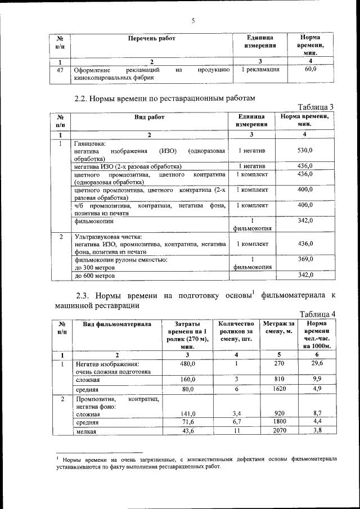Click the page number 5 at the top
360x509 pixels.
[192, 21]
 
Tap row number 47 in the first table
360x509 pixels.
[60, 70]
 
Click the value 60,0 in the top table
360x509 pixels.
[310, 70]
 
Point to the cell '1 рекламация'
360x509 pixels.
[260, 70]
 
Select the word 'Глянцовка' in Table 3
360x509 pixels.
[89, 143]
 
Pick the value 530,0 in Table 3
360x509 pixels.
[305, 151]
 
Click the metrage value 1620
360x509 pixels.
[278, 389]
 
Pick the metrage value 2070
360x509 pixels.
[278, 430]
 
